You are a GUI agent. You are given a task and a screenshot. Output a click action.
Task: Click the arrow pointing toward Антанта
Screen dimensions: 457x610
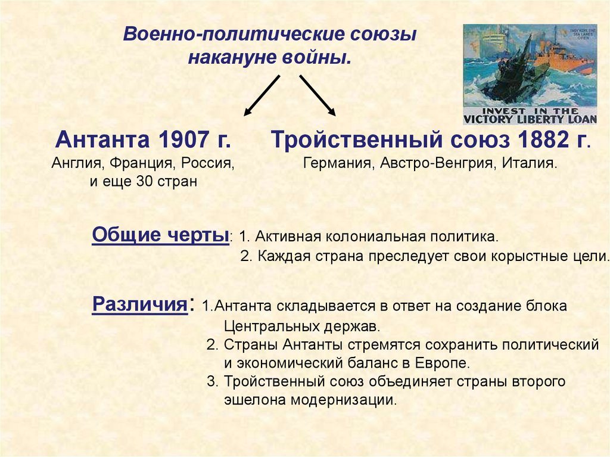point(262,95)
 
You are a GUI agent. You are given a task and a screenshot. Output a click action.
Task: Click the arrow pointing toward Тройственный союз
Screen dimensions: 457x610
point(318,95)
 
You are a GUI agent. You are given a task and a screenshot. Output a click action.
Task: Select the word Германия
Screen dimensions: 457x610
point(336,163)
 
